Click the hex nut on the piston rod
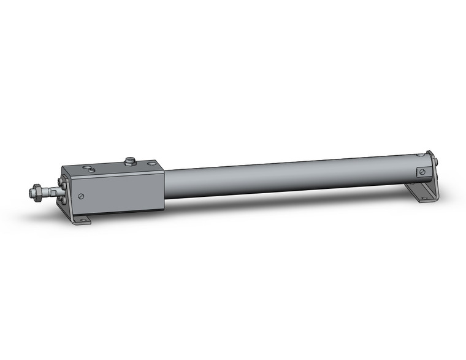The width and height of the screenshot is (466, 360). pos(38,193)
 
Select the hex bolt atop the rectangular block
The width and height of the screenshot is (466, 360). pos(129,161)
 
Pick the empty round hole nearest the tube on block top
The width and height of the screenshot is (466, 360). pos(151,164)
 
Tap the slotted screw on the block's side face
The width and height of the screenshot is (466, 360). pos(81,196)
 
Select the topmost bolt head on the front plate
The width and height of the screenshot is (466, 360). pos(60,180)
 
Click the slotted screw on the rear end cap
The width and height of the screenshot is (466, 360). pos(421,172)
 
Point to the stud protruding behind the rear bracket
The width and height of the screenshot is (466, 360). pos(438,162)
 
